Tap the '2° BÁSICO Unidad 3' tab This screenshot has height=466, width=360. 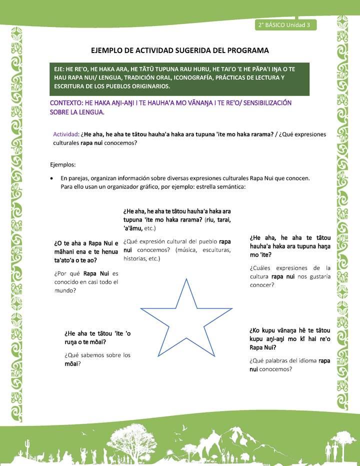coord(284,24)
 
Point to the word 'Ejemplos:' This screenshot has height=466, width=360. coord(62,164)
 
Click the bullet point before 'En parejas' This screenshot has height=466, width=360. coord(52,178)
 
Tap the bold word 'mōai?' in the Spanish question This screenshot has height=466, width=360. coord(73,363)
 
